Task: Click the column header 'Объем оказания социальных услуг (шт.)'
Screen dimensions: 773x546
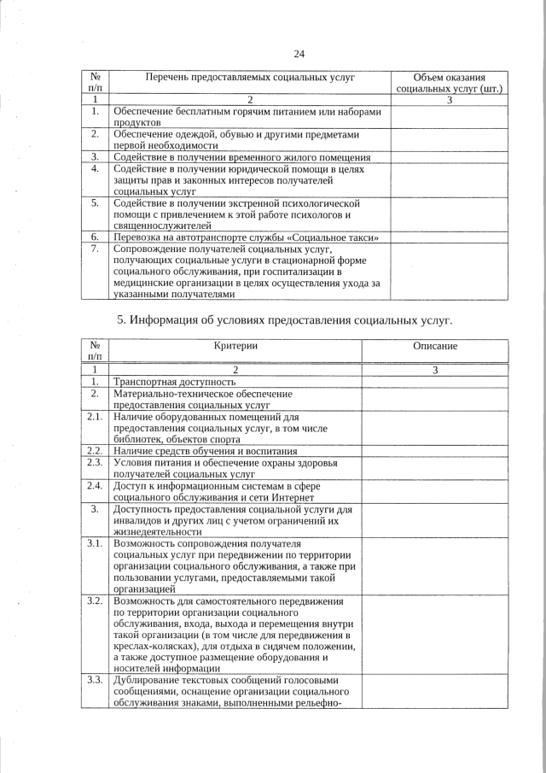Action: pos(449,83)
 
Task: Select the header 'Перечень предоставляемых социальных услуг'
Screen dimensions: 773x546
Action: pos(250,78)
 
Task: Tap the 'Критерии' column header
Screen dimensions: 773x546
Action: pos(235,346)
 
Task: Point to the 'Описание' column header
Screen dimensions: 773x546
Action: pos(435,346)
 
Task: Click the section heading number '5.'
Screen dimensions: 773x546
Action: pos(120,320)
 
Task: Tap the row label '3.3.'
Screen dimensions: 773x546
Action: pos(95,680)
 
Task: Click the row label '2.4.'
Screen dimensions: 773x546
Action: pos(95,485)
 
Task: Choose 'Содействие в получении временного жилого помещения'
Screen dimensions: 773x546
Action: pos(241,157)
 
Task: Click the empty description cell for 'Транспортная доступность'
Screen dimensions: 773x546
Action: pos(435,382)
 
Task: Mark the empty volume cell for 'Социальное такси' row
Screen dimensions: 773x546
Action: pos(449,237)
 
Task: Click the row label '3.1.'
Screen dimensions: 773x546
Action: pos(95,542)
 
